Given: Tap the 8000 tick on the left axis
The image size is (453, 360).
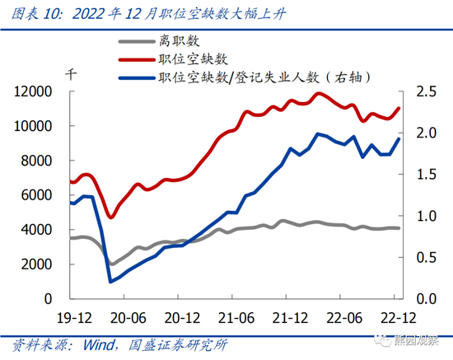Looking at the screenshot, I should click(x=40, y=161).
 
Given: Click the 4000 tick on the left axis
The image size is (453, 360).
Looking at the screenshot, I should click(x=40, y=230).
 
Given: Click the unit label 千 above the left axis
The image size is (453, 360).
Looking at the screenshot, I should click(x=72, y=72).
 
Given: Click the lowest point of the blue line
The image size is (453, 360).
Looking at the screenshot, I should click(x=110, y=282).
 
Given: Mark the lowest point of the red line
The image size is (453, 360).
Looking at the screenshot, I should click(x=111, y=217).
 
